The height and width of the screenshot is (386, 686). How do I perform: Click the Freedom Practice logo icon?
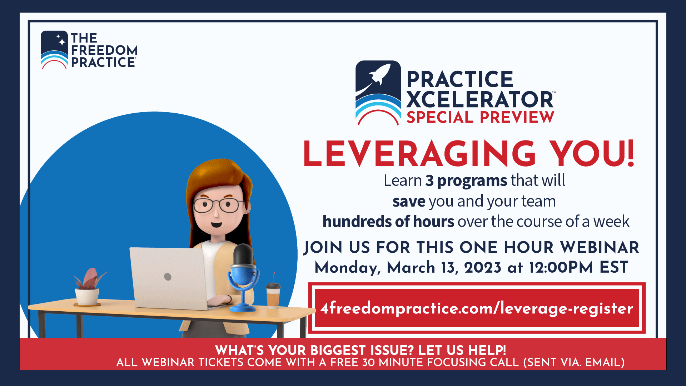[54, 50]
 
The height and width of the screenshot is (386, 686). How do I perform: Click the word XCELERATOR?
[480, 99]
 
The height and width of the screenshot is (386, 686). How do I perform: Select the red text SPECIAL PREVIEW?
[480, 118]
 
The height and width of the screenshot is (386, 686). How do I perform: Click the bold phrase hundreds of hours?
[388, 222]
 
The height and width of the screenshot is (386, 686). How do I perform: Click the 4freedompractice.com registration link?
[477, 308]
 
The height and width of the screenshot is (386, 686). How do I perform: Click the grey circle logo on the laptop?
[168, 277]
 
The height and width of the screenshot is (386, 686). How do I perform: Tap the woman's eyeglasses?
[217, 205]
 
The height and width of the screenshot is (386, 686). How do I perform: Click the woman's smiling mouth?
[216, 225]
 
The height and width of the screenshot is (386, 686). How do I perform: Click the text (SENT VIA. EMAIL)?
[574, 362]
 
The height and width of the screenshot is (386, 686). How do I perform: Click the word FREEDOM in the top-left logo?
[104, 50]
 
